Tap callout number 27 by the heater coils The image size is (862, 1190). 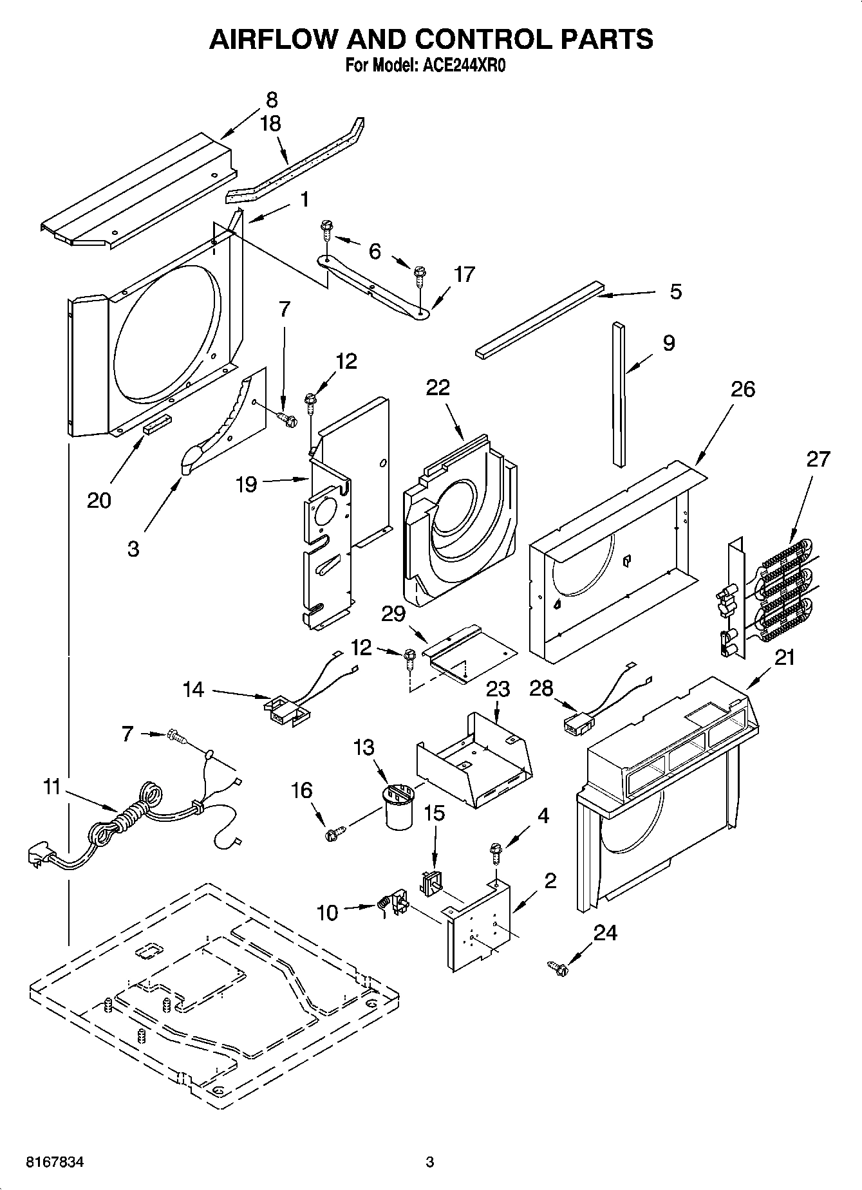click(x=818, y=461)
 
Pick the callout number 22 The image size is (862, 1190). click(x=438, y=387)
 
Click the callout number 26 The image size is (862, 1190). click(x=743, y=389)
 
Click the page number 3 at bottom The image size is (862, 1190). click(x=430, y=1162)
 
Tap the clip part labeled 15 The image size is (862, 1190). click(x=431, y=882)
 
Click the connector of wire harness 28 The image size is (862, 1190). click(x=574, y=725)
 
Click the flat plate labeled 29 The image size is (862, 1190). click(x=470, y=652)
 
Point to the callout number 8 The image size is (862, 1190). click(x=272, y=100)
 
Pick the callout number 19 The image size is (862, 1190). click(x=247, y=483)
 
